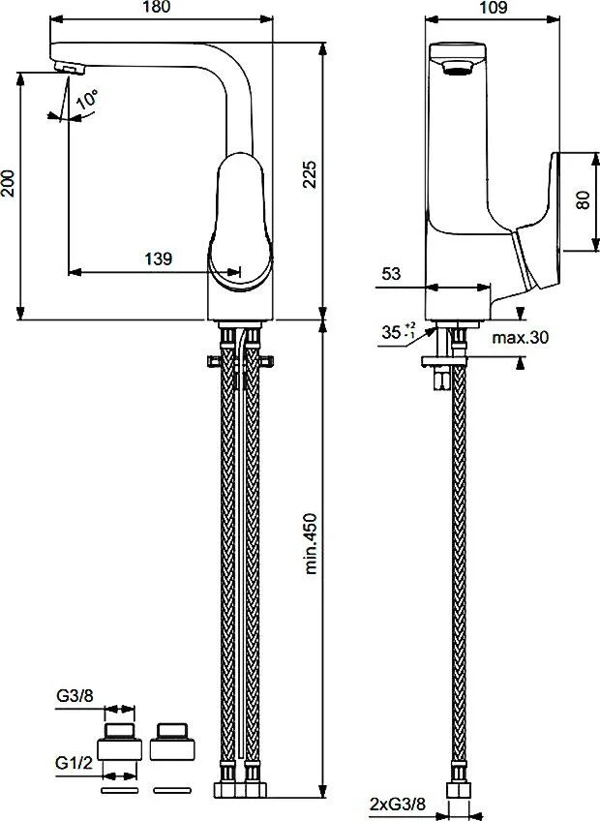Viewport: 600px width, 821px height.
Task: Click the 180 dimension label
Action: click(156, 7)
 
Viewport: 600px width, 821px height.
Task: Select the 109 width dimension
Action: click(493, 7)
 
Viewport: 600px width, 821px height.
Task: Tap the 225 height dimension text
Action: click(310, 174)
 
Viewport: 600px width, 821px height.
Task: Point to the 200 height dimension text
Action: click(8, 183)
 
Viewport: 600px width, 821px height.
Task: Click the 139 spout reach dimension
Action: click(158, 258)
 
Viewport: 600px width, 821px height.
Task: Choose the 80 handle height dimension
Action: click(583, 200)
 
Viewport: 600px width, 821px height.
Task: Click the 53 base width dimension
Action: click(391, 273)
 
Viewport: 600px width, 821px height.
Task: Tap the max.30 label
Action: click(521, 337)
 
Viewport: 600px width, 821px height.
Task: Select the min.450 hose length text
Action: click(311, 543)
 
